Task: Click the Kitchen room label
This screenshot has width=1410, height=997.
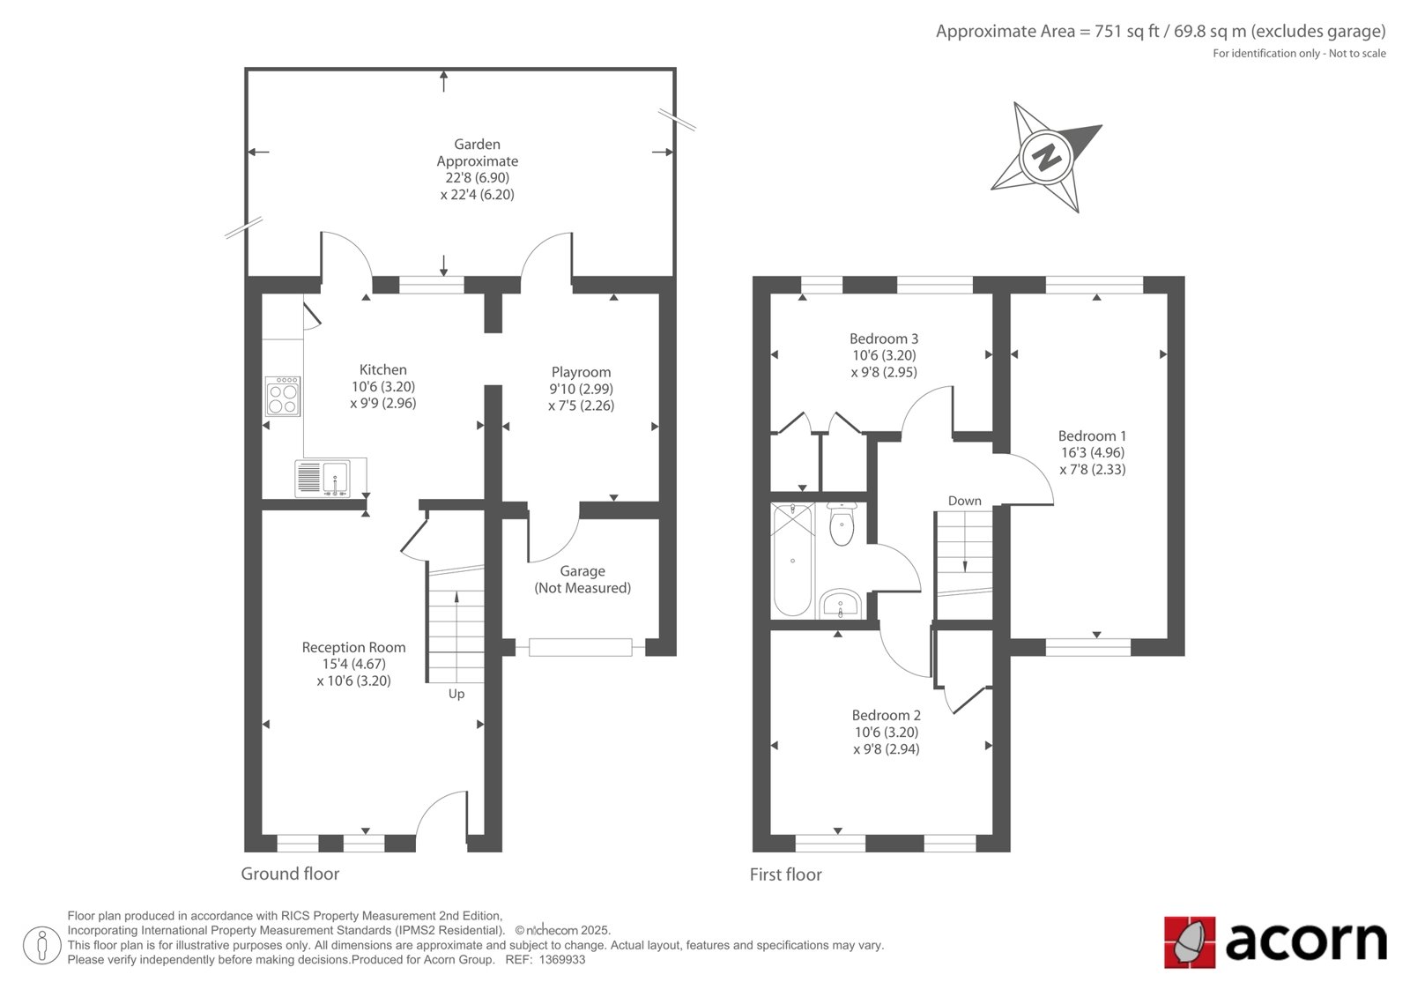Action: pos(382,369)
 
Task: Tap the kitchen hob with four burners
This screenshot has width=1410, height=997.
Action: pos(283,396)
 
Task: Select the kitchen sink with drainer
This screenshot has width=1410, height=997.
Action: pos(323,478)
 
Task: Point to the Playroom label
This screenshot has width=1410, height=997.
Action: pos(581,372)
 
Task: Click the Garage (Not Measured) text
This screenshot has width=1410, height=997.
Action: pos(583,579)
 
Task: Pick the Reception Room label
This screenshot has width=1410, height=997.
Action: pos(353,647)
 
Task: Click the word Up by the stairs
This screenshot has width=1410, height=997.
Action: pos(456,694)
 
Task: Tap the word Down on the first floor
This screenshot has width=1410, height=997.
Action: pos(964,501)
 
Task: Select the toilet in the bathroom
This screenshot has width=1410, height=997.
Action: pos(842,524)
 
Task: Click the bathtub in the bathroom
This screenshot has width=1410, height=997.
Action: pos(792,560)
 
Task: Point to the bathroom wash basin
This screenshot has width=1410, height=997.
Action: pos(841,604)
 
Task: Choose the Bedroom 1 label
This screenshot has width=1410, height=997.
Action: pos(1092,435)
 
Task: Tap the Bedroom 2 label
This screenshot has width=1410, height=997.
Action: pos(887,716)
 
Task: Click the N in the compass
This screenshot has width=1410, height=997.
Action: pos(1047,157)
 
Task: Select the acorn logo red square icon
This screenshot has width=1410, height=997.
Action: pos(1190,942)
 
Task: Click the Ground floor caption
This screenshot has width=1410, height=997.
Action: pos(290,874)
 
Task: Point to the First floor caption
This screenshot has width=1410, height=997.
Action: pos(785,874)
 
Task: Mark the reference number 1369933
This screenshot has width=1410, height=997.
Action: pos(561,960)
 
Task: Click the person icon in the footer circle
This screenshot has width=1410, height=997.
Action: pos(42,945)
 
